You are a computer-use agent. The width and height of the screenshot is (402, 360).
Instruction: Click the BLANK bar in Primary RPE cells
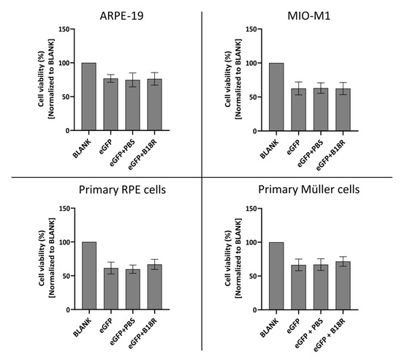[89, 276]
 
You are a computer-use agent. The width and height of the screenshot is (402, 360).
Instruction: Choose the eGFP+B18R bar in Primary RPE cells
[155, 287]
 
